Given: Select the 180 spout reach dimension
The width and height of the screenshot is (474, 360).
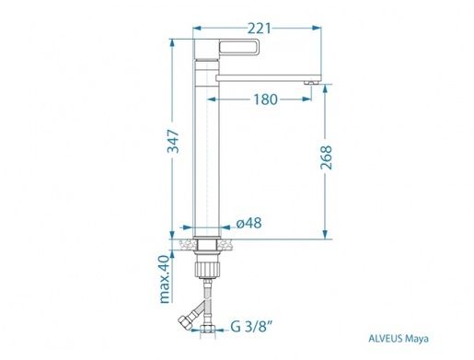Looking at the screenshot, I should tap(265, 99).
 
